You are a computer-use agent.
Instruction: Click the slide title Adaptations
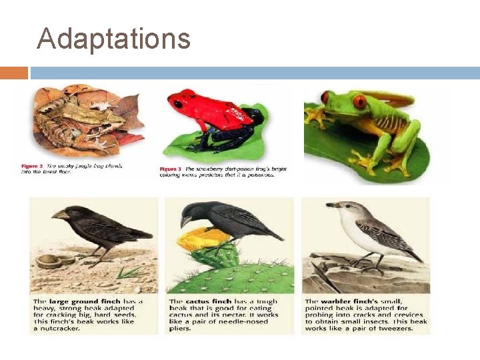coord(113,38)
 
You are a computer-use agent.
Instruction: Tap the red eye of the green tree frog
coord(360,102)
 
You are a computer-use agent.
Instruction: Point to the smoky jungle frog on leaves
coord(83,123)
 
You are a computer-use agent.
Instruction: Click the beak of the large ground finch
coord(61,215)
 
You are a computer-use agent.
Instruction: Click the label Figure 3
coord(171,169)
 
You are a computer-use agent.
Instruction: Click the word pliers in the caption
coord(181,328)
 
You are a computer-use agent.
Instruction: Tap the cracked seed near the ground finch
coord(49,261)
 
